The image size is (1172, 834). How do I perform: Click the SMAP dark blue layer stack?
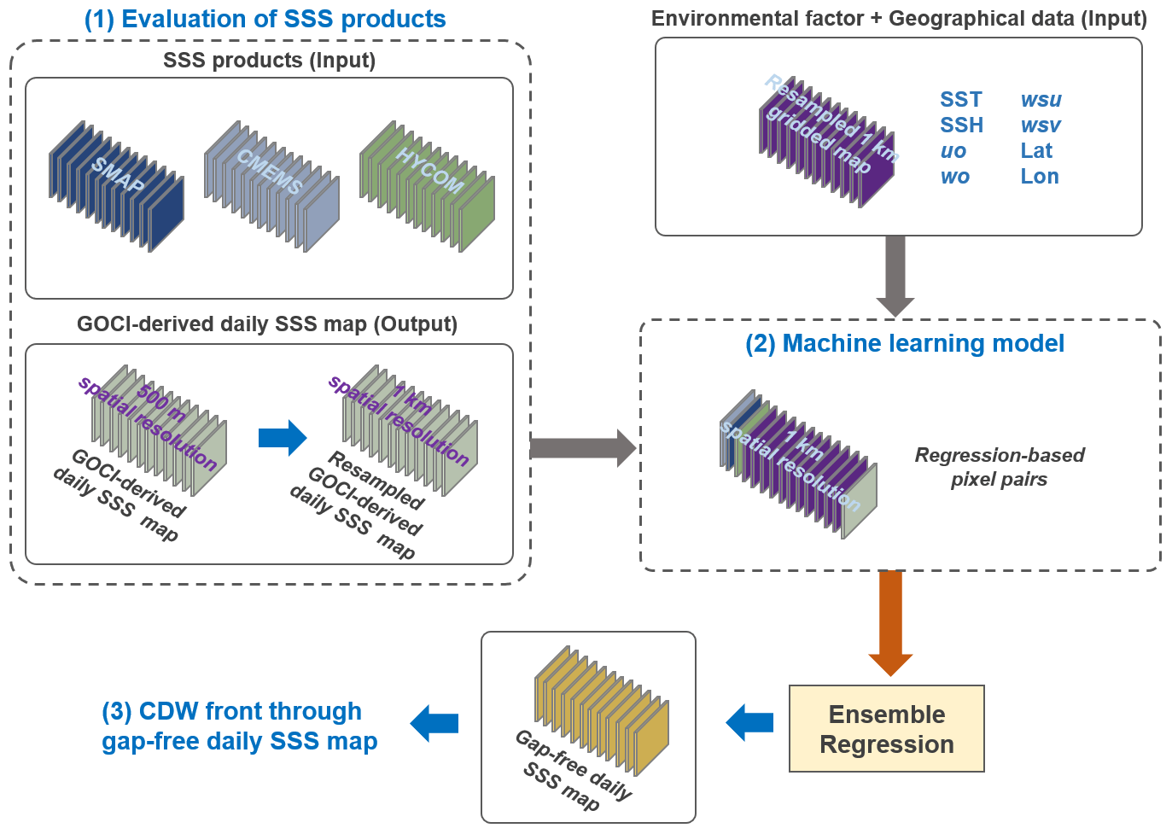coord(117,186)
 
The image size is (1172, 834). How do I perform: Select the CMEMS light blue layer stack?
coord(271,186)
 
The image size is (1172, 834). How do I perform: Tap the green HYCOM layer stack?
coord(427,186)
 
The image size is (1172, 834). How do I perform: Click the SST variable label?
coord(961,100)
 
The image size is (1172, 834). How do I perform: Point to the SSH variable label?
coord(962,125)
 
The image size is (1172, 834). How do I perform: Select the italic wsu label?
coord(1041,100)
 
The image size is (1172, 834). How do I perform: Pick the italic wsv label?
coord(1041,125)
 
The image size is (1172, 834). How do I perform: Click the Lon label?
coord(1040,177)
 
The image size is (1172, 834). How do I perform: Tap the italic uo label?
coord(953,151)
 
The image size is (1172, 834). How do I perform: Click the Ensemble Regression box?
coord(887,729)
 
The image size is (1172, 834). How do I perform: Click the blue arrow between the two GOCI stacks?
coord(283,438)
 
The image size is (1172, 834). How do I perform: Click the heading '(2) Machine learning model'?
coord(905,344)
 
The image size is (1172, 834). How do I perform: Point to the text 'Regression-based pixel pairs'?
coord(1000,467)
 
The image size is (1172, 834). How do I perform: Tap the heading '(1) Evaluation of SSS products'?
coord(265,19)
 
